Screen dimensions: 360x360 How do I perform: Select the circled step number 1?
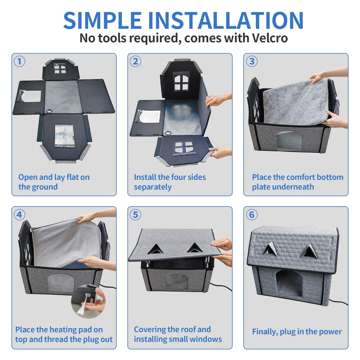[19, 61]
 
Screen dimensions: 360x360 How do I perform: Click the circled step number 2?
[135, 61]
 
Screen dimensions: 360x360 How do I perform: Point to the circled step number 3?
[252, 61]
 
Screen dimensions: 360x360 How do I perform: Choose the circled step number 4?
[19, 215]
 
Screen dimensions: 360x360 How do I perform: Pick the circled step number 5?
[135, 215]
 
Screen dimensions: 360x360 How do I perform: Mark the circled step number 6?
[252, 215]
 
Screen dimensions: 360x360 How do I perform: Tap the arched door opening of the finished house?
[289, 283]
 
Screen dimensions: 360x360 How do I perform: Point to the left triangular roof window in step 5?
[155, 249]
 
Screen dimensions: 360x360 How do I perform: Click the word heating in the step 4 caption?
[63, 330]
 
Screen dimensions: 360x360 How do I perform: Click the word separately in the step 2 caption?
[153, 187]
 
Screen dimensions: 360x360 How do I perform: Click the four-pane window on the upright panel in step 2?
[181, 82]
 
